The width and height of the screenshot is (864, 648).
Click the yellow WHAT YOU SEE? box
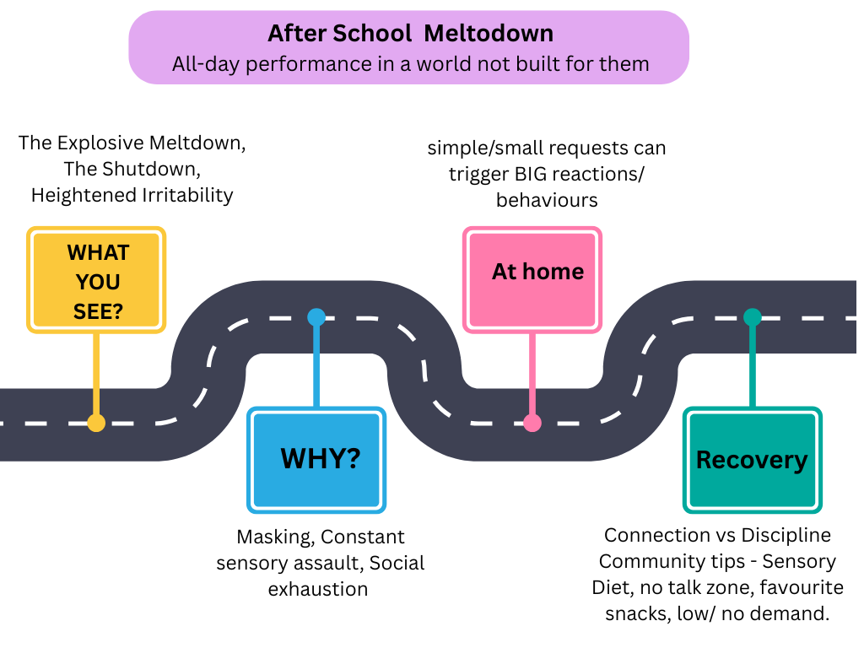97,281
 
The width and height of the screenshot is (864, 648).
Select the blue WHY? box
316,460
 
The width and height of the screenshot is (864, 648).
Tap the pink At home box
532,278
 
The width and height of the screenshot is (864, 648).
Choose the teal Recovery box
752,460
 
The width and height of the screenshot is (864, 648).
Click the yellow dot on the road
97,423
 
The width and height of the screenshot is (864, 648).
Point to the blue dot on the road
316,317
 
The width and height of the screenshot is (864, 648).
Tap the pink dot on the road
532,423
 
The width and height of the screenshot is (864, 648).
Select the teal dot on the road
752,317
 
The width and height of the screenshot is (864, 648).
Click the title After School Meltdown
410,34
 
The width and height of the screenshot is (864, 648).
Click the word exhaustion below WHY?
318,589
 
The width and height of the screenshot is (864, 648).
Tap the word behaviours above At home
547,200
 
